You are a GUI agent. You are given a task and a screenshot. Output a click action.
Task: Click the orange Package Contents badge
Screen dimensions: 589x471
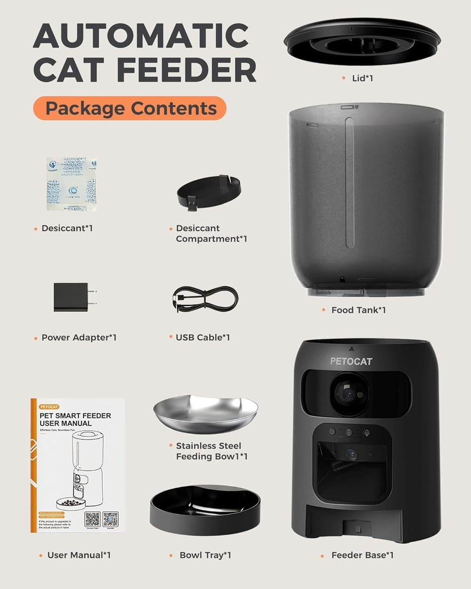tap(130, 108)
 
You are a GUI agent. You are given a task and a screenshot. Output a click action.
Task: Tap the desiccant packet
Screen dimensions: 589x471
tap(72, 184)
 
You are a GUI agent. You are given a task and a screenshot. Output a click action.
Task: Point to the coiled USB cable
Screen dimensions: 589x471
tap(205, 299)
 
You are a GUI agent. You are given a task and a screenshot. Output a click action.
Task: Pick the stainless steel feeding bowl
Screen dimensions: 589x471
tap(205, 415)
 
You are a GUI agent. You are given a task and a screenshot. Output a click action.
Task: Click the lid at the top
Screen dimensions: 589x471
tap(362, 42)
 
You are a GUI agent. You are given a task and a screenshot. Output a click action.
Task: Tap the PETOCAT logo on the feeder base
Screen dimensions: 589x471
tap(351, 361)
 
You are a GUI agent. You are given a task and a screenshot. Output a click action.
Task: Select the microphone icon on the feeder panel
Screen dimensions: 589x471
tap(366, 432)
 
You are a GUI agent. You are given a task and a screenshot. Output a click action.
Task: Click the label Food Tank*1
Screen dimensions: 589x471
tap(358, 310)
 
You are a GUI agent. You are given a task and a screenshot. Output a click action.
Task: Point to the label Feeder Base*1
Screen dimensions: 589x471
tap(362, 555)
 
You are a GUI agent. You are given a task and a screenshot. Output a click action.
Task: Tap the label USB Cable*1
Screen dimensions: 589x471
tap(203, 337)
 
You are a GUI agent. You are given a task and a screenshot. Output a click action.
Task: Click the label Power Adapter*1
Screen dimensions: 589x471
tap(79, 337)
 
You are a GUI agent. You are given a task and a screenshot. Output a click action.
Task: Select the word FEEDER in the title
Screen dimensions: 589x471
tap(187, 71)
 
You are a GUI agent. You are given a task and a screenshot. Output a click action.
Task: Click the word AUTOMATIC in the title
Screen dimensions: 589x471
tap(141, 36)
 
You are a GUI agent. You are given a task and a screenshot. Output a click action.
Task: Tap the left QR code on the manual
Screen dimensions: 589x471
tap(92, 519)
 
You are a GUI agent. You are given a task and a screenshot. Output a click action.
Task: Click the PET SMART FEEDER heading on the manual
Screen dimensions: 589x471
tap(75, 416)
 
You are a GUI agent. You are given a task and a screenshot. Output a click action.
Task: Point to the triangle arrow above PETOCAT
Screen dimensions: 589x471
tap(351, 349)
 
